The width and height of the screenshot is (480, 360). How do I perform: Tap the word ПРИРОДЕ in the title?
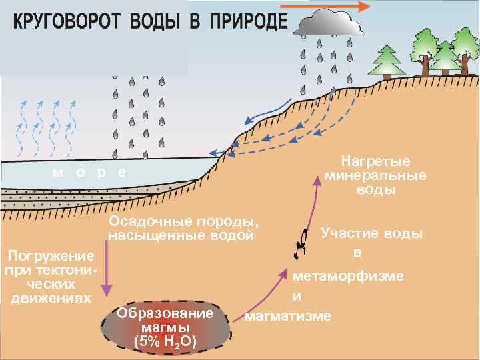point(248,23)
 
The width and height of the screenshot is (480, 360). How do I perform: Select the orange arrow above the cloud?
point(324,7)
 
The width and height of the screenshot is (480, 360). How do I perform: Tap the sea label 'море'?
point(89,171)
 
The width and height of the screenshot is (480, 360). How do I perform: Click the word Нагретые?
point(375,162)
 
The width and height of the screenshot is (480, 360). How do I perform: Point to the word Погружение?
point(49,256)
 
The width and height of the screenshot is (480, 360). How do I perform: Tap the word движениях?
point(51,297)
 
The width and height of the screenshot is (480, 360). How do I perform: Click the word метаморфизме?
point(348,276)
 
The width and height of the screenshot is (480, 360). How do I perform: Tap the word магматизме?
point(288,315)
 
